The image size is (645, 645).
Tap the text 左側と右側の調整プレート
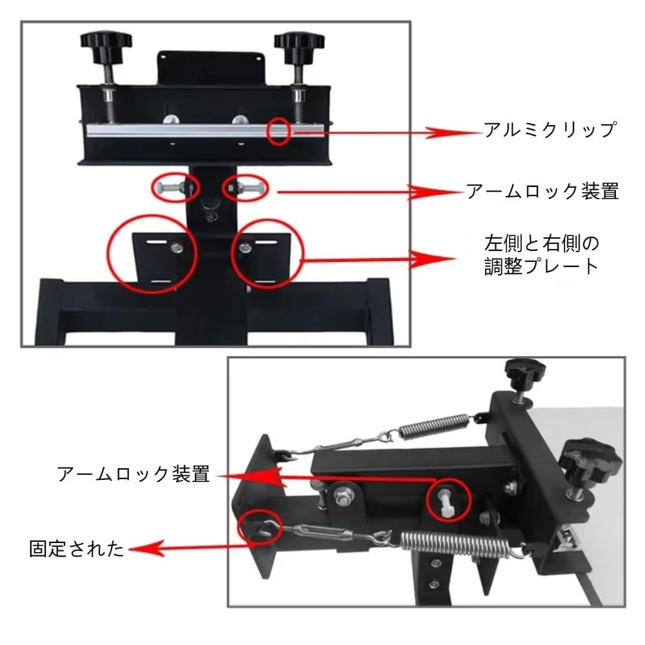pyautogui.click(x=541, y=255)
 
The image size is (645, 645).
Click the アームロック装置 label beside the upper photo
pyautogui.click(x=542, y=191)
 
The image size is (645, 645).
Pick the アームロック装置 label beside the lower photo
pyautogui.click(x=134, y=475)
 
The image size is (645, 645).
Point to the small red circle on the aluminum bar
pyautogui.click(x=279, y=131)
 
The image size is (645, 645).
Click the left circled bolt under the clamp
pyautogui.click(x=173, y=188)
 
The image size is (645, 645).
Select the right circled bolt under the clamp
pyautogui.click(x=244, y=188)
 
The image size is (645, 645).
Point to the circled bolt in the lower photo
pyautogui.click(x=447, y=501)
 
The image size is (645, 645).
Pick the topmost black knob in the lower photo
pyautogui.click(x=524, y=372)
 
